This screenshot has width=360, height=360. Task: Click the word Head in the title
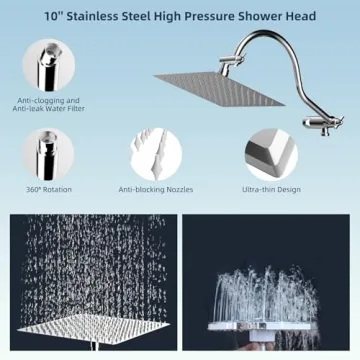[301, 16]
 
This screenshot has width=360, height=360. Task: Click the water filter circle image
[49, 66]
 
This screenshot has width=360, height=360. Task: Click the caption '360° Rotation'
[48, 188]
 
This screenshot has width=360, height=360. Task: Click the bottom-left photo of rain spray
[89, 284]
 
